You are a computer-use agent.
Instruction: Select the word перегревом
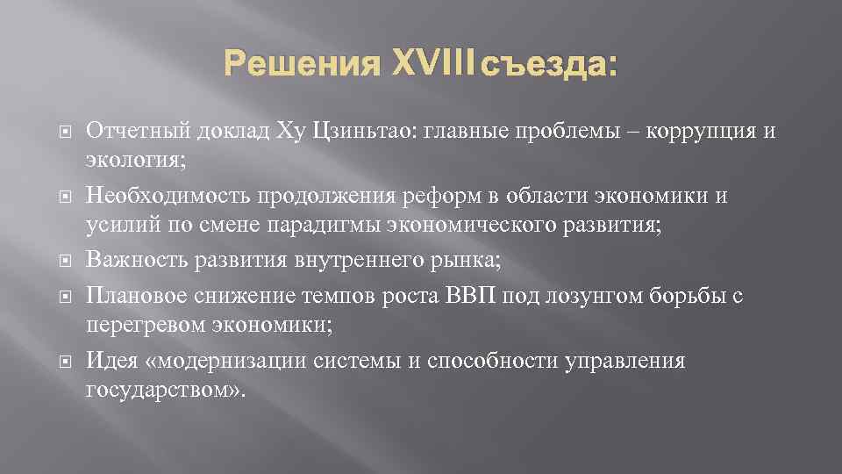144,324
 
